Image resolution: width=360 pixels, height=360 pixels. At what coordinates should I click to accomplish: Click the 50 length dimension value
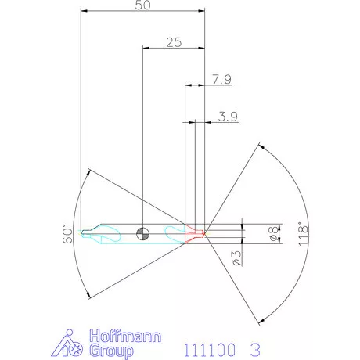142,6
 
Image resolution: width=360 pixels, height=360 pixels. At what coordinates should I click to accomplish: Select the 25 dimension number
173,42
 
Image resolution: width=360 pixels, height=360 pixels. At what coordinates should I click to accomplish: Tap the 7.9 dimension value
221,79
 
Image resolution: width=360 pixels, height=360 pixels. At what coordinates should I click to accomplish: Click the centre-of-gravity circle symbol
142,232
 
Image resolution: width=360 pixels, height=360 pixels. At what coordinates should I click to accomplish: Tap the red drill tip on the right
201,232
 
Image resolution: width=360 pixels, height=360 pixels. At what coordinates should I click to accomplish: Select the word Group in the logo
111,351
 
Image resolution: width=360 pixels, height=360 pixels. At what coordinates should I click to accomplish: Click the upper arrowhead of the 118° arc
260,146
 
